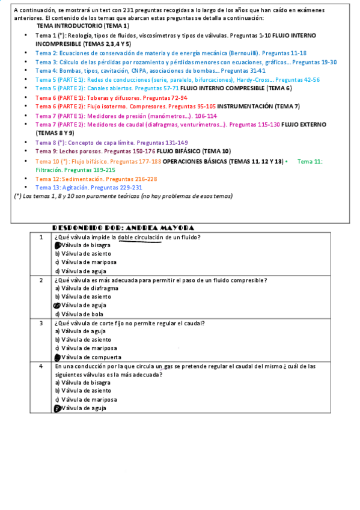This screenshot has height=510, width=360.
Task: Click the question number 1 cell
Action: (41, 237)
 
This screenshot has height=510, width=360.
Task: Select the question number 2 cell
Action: (41, 280)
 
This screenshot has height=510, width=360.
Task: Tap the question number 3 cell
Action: (41, 323)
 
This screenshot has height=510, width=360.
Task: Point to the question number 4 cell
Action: (41, 366)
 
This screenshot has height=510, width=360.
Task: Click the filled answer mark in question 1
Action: (58, 245)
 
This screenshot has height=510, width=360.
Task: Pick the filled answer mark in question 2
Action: (58, 306)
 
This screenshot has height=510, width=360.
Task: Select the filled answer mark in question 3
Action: (58, 357)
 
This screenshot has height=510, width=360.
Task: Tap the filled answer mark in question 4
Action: (58, 408)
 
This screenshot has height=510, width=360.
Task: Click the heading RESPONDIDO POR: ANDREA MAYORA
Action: (123, 228)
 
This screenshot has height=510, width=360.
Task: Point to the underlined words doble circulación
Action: (141, 237)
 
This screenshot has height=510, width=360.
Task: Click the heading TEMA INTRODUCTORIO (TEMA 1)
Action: (82, 27)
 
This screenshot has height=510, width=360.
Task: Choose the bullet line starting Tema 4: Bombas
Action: (150, 70)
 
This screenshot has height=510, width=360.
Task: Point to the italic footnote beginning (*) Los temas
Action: (123, 195)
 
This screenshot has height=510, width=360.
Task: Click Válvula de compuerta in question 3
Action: (88, 357)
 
